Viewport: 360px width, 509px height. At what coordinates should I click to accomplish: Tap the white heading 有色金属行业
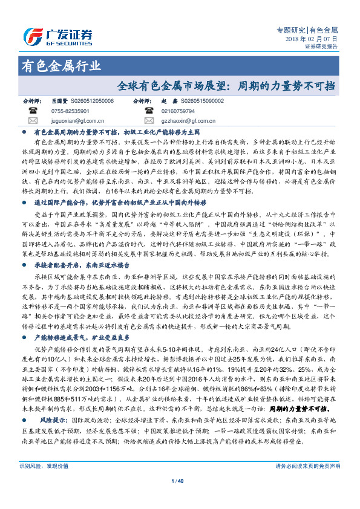pyautogui.click(x=61, y=66)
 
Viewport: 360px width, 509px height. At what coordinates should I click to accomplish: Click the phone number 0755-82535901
pyautogui.click(x=71, y=111)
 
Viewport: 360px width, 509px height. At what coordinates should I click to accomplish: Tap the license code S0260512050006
pyautogui.click(x=92, y=102)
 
